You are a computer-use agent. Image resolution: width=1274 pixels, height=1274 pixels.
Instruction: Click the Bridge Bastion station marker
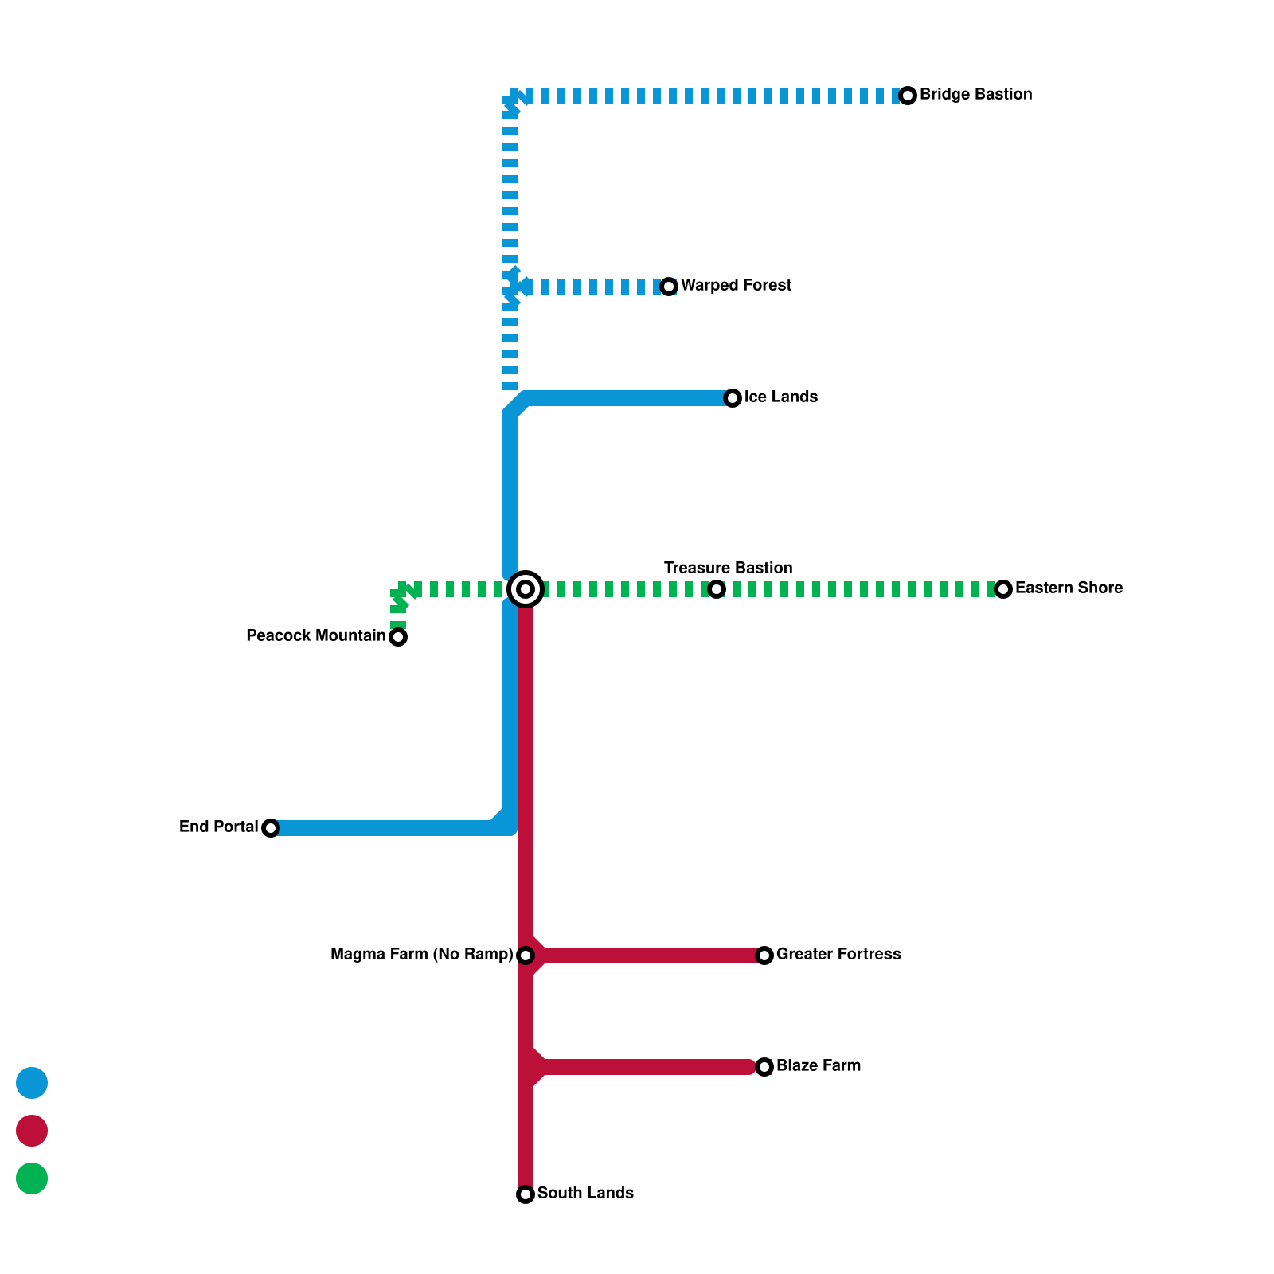point(908,96)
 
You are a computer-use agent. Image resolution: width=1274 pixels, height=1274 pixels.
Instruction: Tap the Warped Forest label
point(736,285)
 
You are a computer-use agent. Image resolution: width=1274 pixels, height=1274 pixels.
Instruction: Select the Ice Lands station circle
point(733,398)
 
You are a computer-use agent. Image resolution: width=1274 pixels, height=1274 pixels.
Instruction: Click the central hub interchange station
point(526,589)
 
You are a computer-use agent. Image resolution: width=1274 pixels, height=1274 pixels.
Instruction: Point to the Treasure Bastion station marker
point(717,589)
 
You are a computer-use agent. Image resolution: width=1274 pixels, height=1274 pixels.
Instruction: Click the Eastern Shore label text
point(1069,588)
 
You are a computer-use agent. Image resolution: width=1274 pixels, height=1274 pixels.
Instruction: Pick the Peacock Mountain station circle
point(398,637)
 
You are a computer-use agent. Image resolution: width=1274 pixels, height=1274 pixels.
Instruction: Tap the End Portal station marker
point(271,828)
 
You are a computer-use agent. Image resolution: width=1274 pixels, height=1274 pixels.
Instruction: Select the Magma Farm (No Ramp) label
point(421,954)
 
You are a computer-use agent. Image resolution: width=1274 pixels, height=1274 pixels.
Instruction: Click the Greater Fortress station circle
point(764,955)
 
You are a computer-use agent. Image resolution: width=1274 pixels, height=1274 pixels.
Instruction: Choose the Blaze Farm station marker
point(764,1067)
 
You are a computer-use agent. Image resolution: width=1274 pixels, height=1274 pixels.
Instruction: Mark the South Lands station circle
point(526,1194)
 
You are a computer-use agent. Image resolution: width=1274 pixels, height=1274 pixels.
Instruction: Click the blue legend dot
point(32,1083)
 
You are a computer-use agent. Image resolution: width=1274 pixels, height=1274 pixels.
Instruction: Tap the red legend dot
point(32,1131)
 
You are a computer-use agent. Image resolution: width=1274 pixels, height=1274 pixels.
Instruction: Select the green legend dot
point(32,1178)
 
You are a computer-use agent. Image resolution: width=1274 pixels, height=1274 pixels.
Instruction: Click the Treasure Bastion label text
point(728,568)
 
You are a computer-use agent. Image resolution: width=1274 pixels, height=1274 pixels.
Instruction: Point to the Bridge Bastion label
point(975,94)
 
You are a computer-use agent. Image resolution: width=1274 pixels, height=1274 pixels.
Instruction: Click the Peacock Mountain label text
point(315,635)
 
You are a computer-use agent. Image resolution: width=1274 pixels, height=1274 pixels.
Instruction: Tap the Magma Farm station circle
point(526,955)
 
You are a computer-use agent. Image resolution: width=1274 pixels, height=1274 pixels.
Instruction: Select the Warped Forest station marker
point(669,287)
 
